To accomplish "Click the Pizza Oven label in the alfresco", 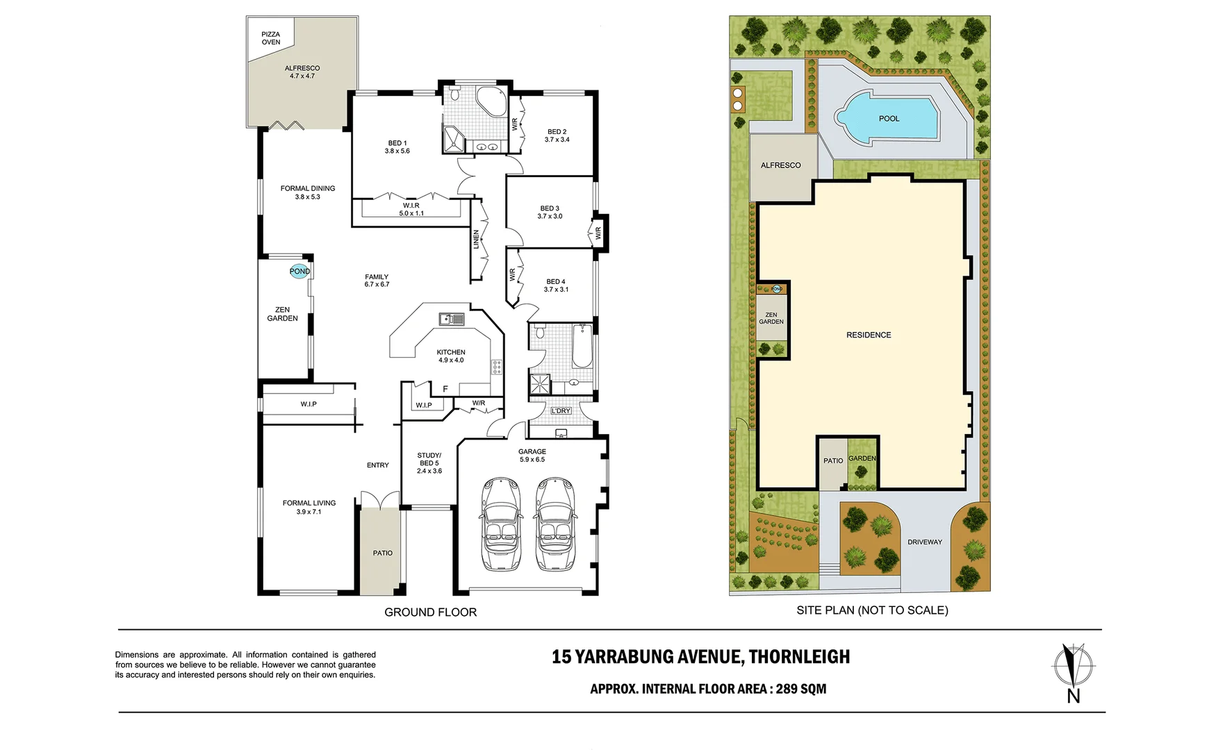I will pos(271,38).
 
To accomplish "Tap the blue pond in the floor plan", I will pos(299,272).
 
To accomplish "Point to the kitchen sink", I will pos(452,319).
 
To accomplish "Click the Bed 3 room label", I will pos(550,212).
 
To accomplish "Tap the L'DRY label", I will pos(561,411).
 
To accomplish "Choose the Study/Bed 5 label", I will pos(429,463).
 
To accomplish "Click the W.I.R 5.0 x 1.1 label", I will pos(411,210).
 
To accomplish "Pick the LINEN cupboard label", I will pos(476,239).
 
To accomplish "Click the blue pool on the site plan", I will pos(889,119).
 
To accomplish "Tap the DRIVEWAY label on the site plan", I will pos(924,542).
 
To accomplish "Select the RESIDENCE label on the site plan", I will pos(869,335).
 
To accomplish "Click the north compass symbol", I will pos(1074,665).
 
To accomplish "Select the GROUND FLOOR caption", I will pos(430,612).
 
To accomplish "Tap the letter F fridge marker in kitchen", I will pos(445,389).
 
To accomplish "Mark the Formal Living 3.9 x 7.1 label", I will pos(309,507).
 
